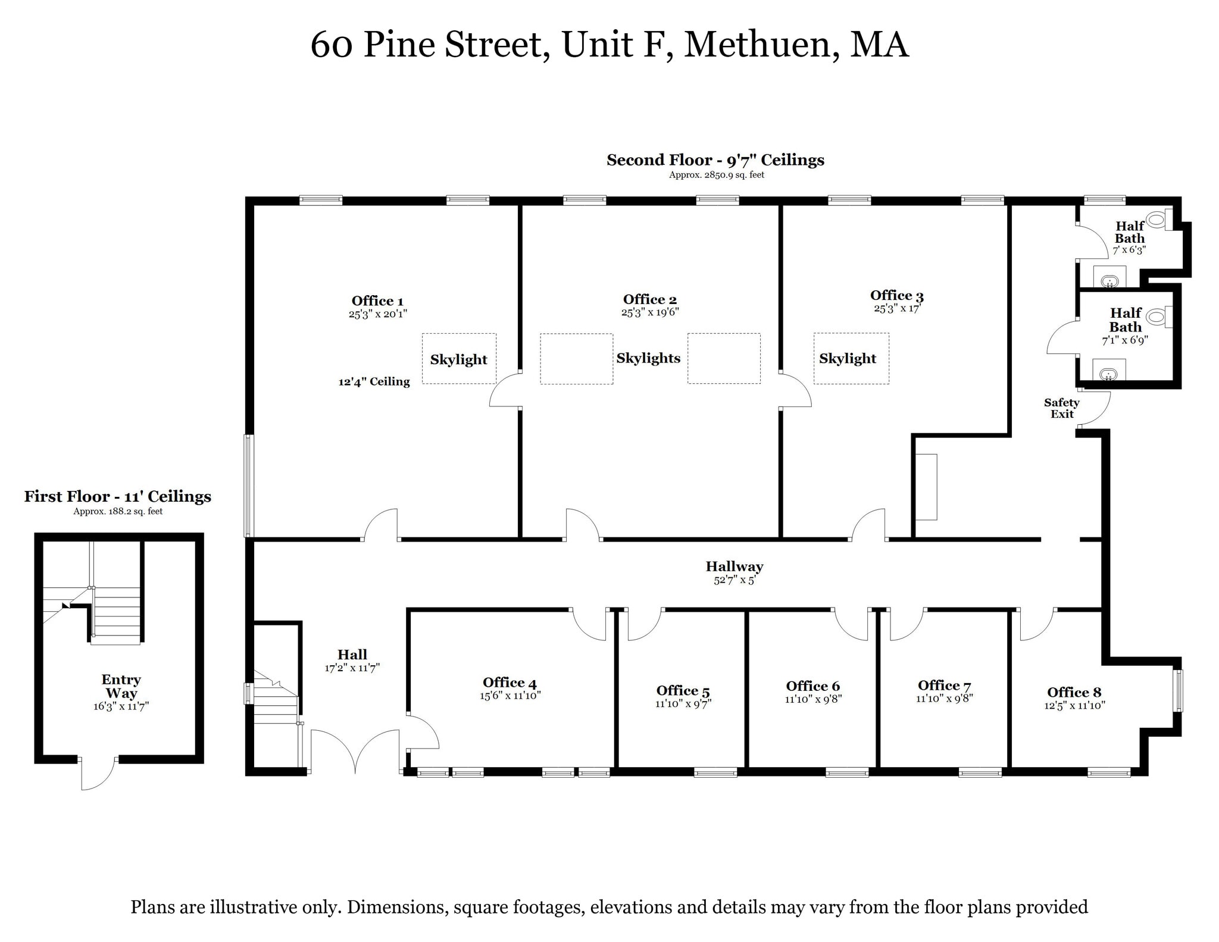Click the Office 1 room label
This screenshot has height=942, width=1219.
pos(377,301)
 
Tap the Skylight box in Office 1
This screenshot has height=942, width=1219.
pos(459,359)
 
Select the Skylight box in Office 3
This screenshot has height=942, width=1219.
pos(851,358)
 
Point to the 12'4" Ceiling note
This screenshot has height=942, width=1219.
pos(374,381)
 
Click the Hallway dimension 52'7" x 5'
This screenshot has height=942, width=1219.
pos(734,580)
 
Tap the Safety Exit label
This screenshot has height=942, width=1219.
pos(1061,408)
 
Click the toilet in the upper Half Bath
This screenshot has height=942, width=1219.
pos(1156,220)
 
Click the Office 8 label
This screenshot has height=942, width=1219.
pos(1074,692)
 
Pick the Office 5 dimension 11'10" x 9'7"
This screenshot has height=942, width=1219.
pos(683,703)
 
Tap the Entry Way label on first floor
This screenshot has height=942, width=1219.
pos(121,686)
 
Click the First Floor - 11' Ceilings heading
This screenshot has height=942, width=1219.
pos(117,496)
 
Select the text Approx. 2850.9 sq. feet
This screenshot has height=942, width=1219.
pos(716,175)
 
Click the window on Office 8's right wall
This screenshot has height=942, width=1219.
pos(1177,690)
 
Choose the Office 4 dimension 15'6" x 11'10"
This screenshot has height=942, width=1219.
pos(510,695)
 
